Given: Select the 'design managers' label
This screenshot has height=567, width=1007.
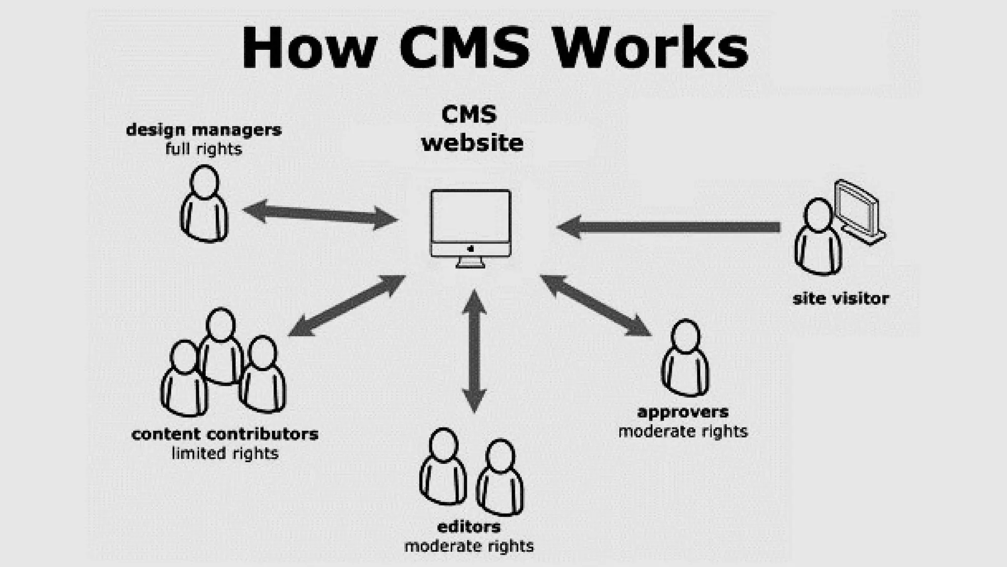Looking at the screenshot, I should pos(204,130).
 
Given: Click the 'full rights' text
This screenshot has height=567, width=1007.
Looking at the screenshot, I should pos(204,149).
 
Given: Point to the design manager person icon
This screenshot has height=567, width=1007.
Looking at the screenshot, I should pos(204,204).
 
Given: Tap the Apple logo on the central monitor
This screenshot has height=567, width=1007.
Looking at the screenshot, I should pos(471,249).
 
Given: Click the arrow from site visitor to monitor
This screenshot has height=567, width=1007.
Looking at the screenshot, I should pos(669,227).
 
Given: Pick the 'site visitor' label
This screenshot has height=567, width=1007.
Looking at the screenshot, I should pos(840,299).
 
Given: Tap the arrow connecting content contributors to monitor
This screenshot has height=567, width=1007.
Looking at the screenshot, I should pos(347,306).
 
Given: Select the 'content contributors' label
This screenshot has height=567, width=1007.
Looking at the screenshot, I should pos(225,434).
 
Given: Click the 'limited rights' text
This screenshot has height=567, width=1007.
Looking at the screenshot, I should pos(225,453).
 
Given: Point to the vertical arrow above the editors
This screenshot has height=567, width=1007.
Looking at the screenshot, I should pos(474,351).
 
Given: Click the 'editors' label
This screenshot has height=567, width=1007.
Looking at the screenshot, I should pos(469,527).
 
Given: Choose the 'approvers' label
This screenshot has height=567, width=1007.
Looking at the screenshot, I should pos(682,412).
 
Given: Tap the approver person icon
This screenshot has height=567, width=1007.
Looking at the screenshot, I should pos(685,358).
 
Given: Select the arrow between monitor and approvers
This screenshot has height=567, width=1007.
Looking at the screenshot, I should pos(596,306).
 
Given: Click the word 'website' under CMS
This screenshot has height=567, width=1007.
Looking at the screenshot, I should pos(472,143).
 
